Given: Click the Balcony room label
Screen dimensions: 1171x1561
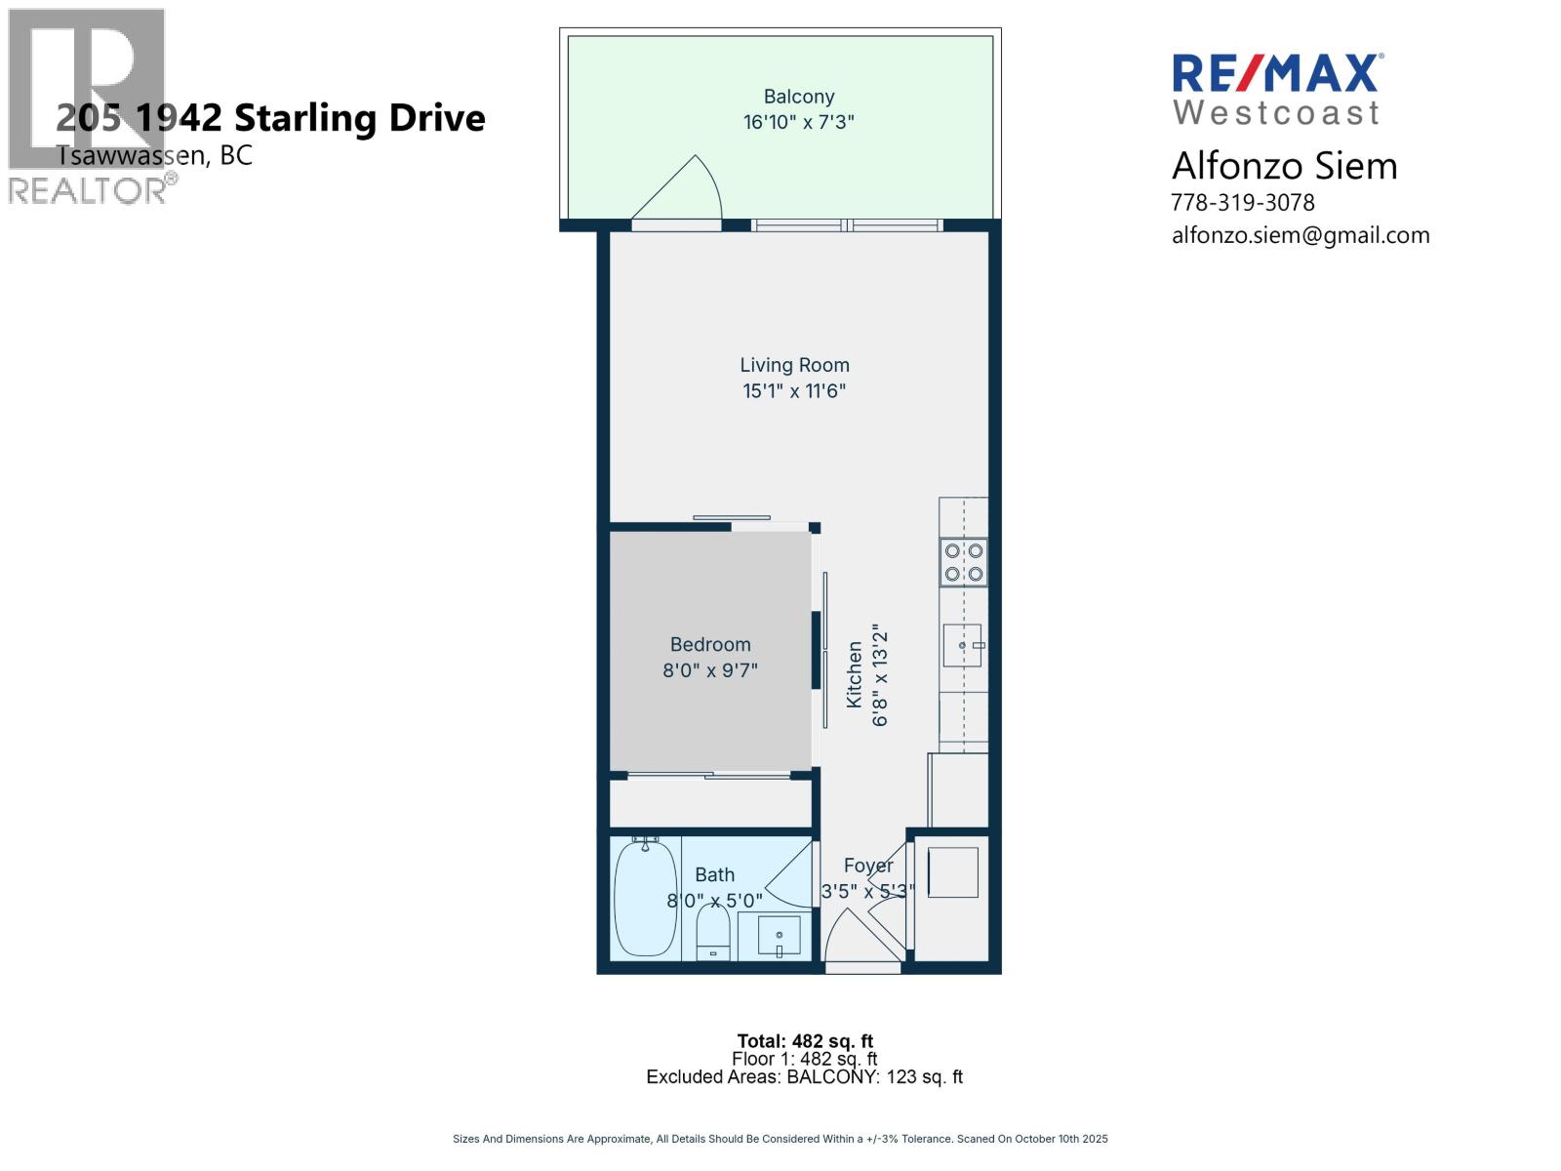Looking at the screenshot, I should click(x=798, y=97).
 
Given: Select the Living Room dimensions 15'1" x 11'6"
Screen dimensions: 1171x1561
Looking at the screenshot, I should click(x=793, y=391).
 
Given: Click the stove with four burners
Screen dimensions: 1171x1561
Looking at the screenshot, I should click(x=963, y=562).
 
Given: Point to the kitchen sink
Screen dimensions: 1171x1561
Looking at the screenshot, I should click(x=962, y=646).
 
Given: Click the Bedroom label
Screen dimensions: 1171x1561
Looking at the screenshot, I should click(x=710, y=644).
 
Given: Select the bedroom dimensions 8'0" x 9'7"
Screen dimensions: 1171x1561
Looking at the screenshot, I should click(x=710, y=670).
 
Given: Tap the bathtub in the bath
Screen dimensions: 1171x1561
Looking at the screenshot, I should click(x=645, y=898).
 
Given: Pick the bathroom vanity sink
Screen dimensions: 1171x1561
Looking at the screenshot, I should click(x=779, y=936).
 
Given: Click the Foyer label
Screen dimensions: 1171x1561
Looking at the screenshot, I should click(x=868, y=866).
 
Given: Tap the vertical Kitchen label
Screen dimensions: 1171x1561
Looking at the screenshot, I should click(x=855, y=674).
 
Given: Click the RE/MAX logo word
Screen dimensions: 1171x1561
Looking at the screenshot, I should click(x=1276, y=74).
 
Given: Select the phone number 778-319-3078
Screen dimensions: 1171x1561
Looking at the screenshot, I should click(x=1242, y=203).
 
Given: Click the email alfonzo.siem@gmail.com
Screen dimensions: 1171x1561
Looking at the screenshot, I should click(x=1300, y=235).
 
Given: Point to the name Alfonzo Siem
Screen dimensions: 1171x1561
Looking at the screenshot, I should click(x=1284, y=166).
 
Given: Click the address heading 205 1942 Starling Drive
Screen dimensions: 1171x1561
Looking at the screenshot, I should click(x=270, y=118).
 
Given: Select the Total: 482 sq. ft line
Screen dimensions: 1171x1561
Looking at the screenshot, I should click(x=805, y=1041).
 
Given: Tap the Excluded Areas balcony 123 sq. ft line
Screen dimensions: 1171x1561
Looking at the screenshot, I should click(x=804, y=1077).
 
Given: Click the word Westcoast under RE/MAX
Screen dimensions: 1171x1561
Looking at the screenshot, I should click(x=1276, y=113).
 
